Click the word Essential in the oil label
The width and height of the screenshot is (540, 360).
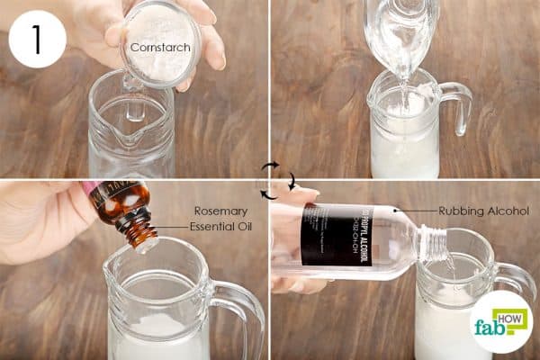click(220, 226)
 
